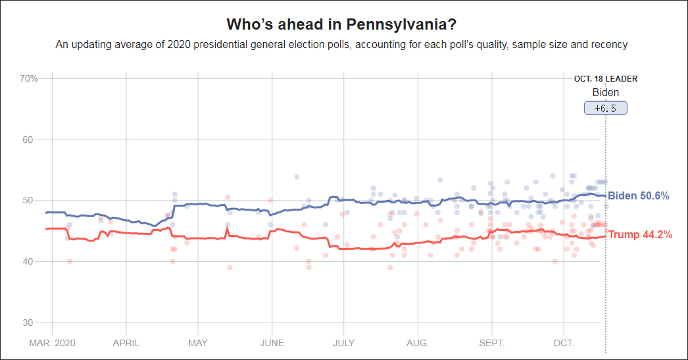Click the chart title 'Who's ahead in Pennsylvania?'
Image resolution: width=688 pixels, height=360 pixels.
point(341,24)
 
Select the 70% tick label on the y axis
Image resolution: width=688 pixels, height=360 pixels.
point(28,78)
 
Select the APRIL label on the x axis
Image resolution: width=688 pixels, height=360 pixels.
point(126,343)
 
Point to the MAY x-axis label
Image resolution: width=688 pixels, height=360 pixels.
point(198,343)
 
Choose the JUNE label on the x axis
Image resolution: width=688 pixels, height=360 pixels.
point(272,343)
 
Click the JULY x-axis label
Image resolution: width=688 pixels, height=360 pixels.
point(344,343)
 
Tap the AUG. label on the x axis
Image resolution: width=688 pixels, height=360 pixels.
point(418,343)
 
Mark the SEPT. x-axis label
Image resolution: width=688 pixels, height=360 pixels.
point(491,343)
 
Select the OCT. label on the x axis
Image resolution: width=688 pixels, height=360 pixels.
point(564,343)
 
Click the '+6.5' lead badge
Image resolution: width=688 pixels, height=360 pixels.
point(605,108)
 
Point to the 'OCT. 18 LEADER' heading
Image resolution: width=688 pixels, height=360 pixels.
point(605,79)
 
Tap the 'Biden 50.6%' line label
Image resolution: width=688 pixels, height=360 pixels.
point(638,195)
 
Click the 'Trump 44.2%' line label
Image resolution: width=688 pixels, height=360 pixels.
point(640,234)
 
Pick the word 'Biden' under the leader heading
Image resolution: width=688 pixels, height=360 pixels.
point(605,93)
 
